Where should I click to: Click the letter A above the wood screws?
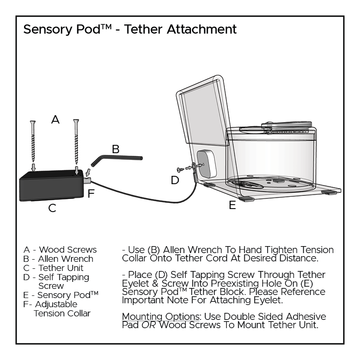[55, 119]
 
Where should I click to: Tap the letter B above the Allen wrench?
[116, 149]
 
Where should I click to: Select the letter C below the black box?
[52, 208]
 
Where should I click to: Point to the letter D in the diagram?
[175, 180]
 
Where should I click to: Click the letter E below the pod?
[232, 205]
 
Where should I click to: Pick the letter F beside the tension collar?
[91, 194]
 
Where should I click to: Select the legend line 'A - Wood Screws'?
[60, 250]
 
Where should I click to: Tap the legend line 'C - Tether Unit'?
[54, 268]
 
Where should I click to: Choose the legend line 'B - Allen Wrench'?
[58, 259]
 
